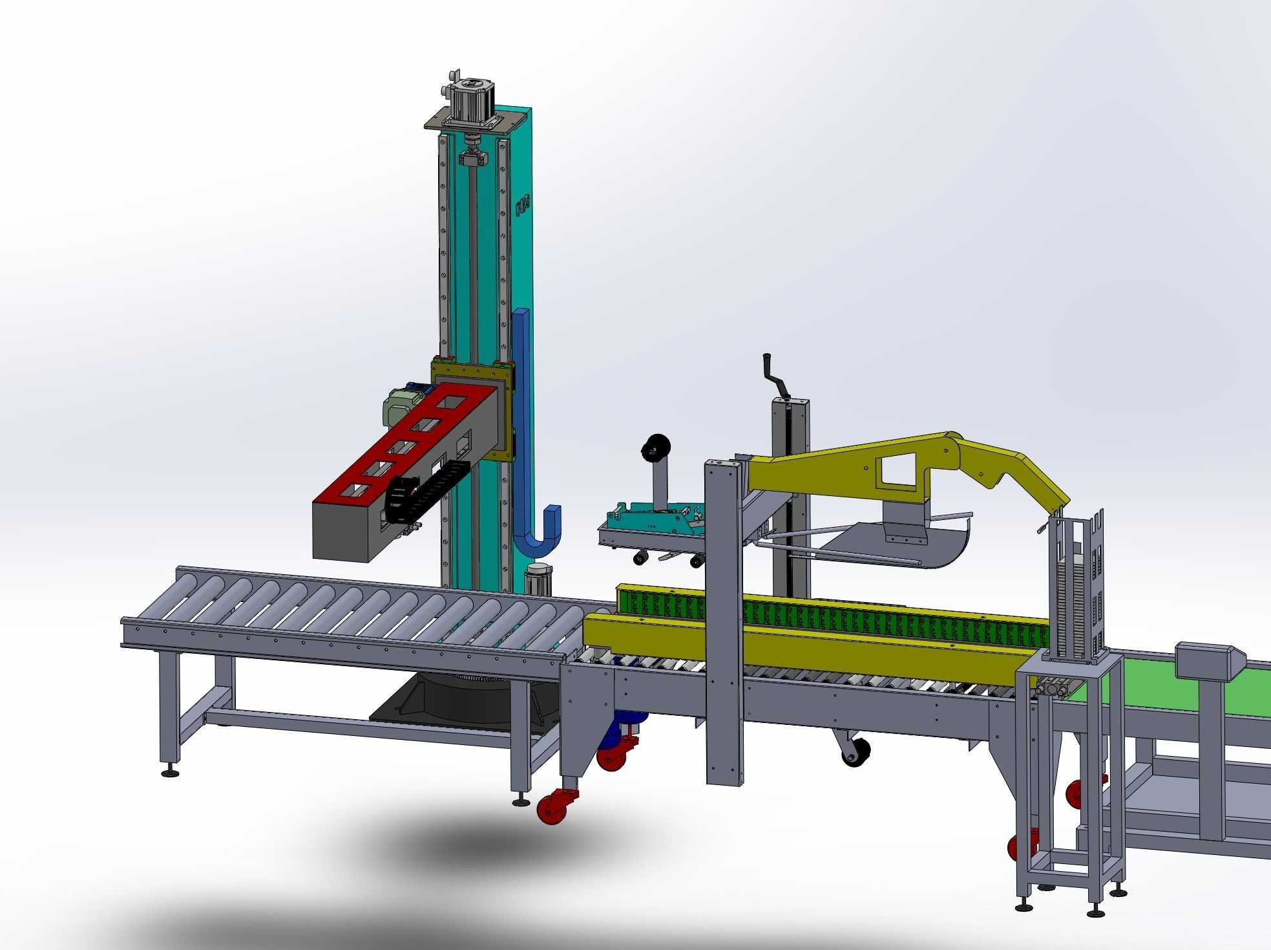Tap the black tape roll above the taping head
tap(653, 448)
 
